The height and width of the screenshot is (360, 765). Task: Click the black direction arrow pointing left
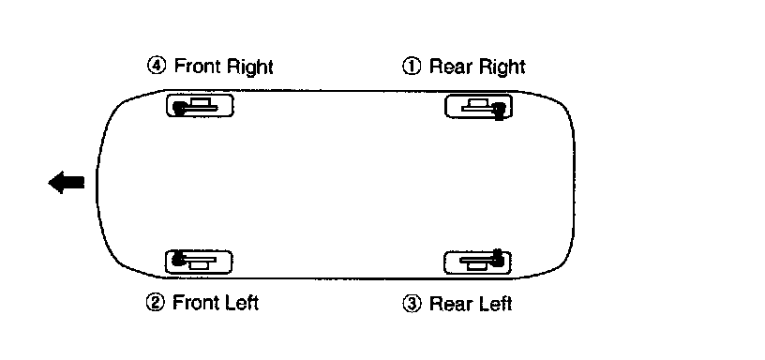point(67,183)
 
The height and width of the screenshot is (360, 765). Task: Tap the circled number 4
point(157,66)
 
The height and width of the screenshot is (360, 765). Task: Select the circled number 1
point(412,66)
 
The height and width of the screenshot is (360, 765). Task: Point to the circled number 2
point(155,303)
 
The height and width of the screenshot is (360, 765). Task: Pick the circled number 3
point(412,304)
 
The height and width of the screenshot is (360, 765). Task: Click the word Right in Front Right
point(247,67)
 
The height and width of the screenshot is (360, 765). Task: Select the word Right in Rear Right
point(501,67)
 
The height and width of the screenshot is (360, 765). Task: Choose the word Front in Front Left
point(194,303)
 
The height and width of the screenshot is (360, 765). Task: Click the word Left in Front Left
point(240,303)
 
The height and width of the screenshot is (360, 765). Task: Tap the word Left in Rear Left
point(494,304)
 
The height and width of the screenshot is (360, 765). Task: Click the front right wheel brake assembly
point(200,106)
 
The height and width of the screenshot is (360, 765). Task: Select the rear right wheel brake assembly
point(478,106)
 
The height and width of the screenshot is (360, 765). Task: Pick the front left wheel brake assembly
point(199,262)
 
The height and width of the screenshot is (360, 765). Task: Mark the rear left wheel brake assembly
point(477,262)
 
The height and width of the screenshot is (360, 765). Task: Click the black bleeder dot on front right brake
point(180,108)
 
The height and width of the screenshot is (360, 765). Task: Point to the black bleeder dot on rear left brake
point(497,259)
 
